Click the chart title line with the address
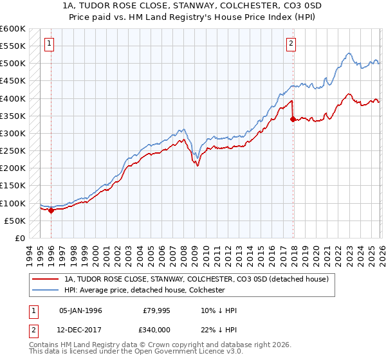tap(193, 6)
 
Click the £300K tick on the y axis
tap(12, 133)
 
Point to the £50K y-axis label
tap(15, 221)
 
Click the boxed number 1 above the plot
tap(49, 44)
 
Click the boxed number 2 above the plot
tap(291, 44)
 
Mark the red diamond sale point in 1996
tap(51, 210)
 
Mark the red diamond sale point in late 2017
tap(293, 119)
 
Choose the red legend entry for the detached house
tap(196, 280)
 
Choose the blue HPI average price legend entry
tap(143, 291)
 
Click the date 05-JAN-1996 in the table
tap(80, 310)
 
